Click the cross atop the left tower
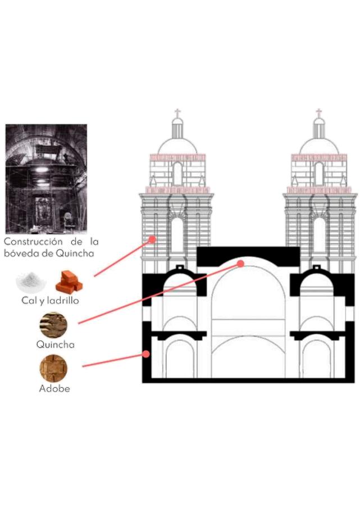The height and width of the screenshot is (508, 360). tap(177, 114)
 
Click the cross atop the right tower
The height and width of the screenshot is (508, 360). tap(319, 114)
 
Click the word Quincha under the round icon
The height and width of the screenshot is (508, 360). tap(55, 344)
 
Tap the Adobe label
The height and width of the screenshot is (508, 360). tap(54, 388)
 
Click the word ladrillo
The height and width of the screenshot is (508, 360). tap(63, 301)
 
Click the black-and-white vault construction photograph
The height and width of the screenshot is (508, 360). tap(46, 178)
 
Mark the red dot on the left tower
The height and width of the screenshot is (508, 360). tap(152, 239)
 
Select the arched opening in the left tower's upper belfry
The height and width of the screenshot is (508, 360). tap(177, 174)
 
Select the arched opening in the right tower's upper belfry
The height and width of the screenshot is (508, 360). tap(319, 174)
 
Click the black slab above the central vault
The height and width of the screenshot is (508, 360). tap(247, 254)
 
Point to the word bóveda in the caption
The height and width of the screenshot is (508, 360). tap(22, 253)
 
